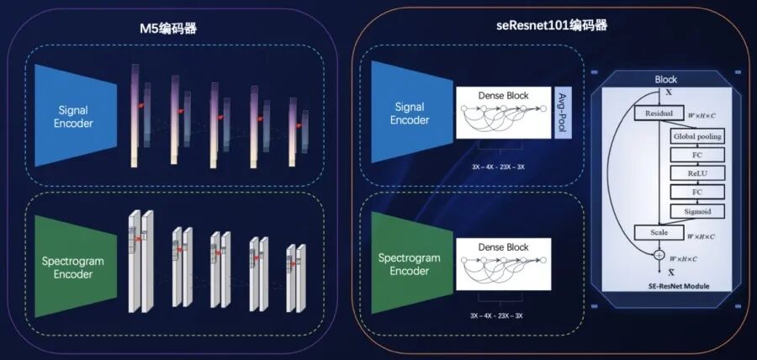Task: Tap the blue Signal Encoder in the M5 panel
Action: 76,116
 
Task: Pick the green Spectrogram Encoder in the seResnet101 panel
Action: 410,264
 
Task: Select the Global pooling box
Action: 696,135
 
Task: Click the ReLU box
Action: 696,172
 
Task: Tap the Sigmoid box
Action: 696,211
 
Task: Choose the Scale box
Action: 659,232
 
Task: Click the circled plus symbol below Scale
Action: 659,254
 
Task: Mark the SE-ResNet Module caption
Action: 673,286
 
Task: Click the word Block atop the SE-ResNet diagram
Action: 665,79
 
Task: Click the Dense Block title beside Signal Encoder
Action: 503,96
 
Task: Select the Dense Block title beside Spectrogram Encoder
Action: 503,247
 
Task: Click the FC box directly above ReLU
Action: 696,154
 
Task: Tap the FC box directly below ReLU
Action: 696,192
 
